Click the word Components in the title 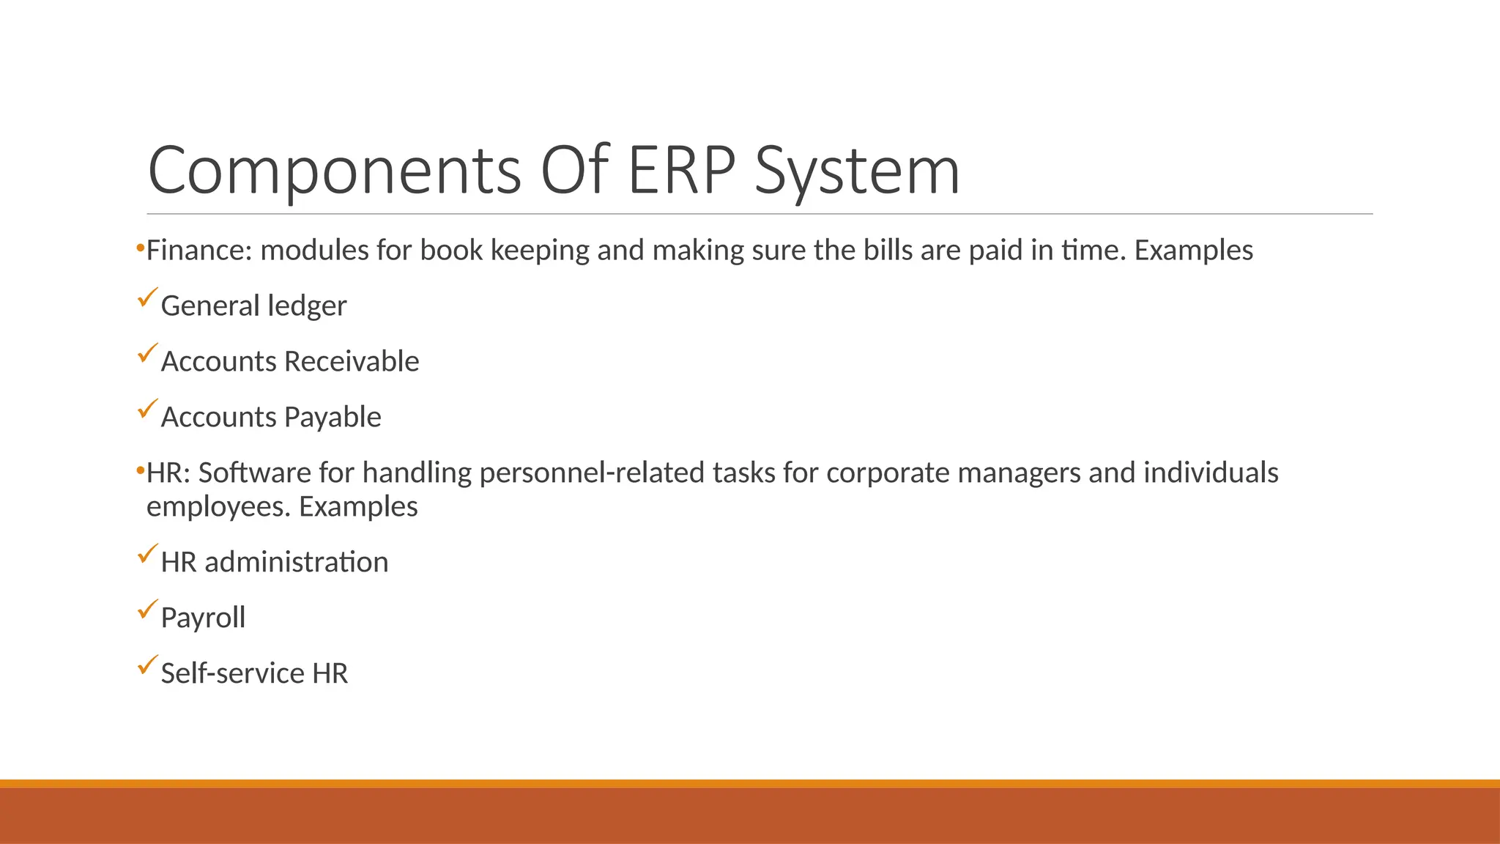334,171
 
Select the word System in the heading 857,171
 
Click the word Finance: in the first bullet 199,251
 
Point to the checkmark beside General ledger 147,297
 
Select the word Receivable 352,361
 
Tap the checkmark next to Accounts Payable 147,409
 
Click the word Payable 333,417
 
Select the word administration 296,563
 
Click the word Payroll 203,618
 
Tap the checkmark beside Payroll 147,610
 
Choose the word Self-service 232,673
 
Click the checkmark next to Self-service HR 147,665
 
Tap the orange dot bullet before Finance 140,250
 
